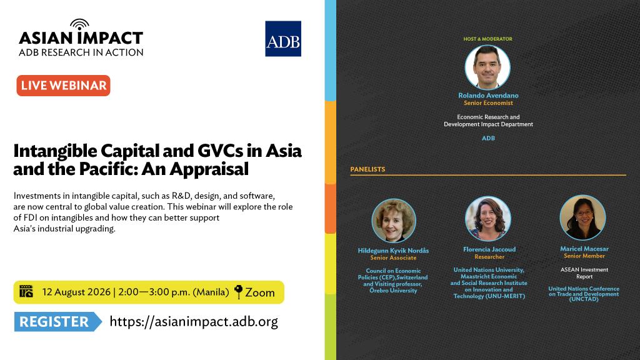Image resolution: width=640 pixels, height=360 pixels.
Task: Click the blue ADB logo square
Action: coord(283,39)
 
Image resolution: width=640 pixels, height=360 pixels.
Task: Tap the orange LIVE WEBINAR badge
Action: coord(63,86)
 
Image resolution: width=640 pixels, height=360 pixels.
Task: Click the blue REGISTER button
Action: coord(57,322)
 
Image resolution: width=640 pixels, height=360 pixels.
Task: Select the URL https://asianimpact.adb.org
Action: coord(194,322)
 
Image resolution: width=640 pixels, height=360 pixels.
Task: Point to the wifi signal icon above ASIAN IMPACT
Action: coord(79,24)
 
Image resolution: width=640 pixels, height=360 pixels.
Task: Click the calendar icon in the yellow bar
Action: coord(26,291)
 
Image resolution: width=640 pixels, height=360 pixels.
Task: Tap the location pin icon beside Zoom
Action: coord(238,292)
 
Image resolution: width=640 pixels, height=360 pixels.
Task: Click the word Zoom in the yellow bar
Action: coord(260,292)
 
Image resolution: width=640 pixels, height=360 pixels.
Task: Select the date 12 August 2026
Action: coord(76,292)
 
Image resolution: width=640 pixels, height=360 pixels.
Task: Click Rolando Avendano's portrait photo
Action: coord(487,67)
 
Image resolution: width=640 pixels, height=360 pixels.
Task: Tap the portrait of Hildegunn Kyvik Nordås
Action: coord(394,221)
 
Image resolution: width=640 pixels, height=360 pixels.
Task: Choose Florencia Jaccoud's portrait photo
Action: coord(487,219)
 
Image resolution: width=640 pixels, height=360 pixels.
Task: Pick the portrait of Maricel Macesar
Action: coord(582,217)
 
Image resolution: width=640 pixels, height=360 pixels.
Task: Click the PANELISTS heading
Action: coord(367,169)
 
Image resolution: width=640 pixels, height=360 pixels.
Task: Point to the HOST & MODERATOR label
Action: coord(487,39)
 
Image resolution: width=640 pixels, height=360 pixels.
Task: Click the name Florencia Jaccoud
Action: coord(489,249)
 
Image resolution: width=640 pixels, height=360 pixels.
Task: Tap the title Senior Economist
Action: coord(488,103)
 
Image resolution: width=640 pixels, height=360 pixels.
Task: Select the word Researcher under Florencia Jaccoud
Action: coord(489,257)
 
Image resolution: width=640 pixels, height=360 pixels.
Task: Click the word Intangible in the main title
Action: coord(55,151)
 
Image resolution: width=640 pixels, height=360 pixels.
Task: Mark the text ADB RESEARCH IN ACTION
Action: coord(81,52)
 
